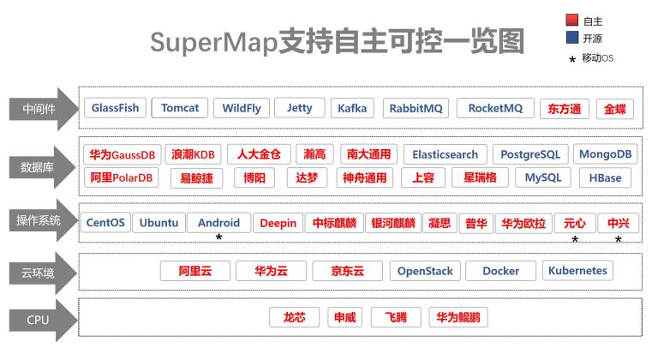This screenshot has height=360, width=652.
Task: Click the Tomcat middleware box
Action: click(x=180, y=108)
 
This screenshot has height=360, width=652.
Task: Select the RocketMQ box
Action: click(x=495, y=108)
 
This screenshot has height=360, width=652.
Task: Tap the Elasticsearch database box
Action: click(x=445, y=154)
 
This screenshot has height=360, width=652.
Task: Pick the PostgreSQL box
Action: click(x=530, y=154)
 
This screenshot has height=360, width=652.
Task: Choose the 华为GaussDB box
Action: click(x=123, y=155)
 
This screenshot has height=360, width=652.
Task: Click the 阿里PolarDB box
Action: click(x=122, y=177)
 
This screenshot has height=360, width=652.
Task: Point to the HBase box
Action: click(x=605, y=178)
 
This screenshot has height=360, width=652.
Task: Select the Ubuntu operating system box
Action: click(x=159, y=223)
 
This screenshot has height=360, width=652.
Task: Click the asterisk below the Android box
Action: click(x=218, y=237)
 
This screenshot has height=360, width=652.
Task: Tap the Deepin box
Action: click(x=278, y=223)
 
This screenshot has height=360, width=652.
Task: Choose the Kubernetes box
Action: click(x=577, y=271)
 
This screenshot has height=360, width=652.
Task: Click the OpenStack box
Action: click(x=425, y=271)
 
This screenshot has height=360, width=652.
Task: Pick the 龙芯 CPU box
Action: click(x=295, y=317)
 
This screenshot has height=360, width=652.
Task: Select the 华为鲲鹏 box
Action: click(x=458, y=317)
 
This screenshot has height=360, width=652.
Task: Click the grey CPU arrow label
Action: click(x=43, y=320)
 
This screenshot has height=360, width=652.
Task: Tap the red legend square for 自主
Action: click(x=572, y=20)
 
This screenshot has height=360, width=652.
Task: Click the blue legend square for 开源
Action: click(x=572, y=38)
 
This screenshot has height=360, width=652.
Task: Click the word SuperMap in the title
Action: click(x=213, y=43)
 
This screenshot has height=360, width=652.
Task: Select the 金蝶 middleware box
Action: click(x=615, y=109)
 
